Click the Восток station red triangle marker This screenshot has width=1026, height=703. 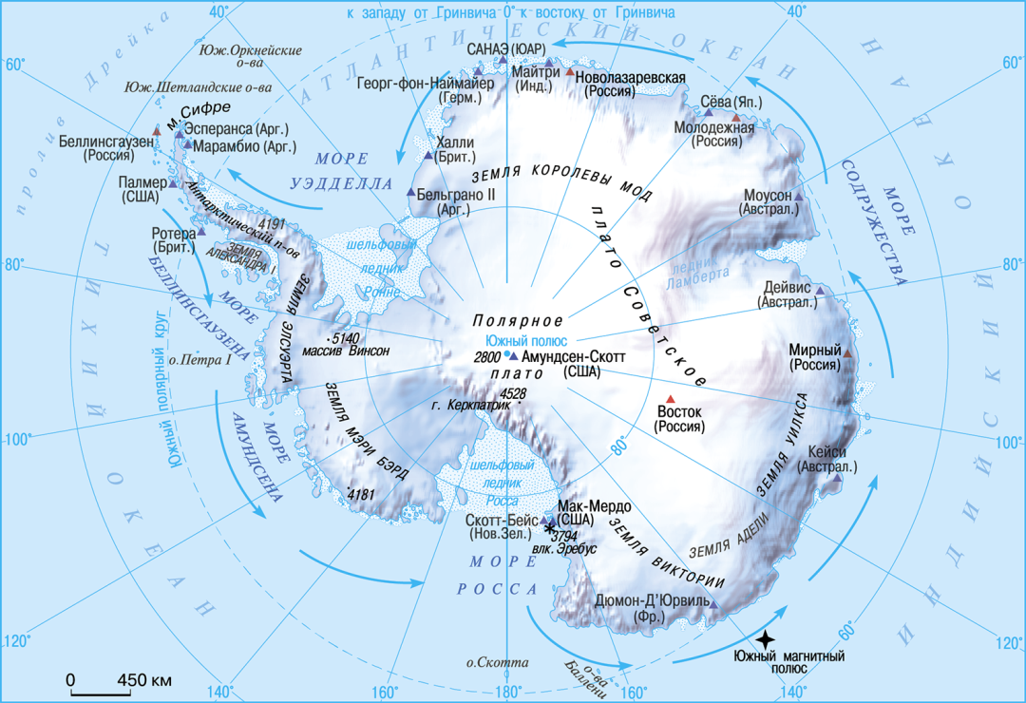coord(671,399)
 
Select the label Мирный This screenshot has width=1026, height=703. coord(814,350)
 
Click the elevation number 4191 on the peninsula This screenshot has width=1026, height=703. coord(272,224)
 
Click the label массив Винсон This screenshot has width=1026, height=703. coord(346,351)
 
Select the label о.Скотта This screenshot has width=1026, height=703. coord(490,662)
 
